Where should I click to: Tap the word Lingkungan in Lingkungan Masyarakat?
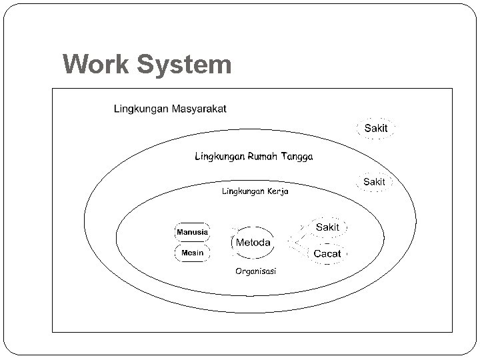(x=141, y=109)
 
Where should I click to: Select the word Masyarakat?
(x=199, y=109)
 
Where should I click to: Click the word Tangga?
(x=298, y=157)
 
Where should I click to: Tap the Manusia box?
(x=192, y=232)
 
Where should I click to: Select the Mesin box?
(x=192, y=253)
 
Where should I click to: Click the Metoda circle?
(x=253, y=243)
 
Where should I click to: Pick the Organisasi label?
(x=257, y=271)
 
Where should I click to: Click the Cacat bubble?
(x=327, y=253)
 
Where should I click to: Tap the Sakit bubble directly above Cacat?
(x=327, y=227)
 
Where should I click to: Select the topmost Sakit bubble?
(x=376, y=127)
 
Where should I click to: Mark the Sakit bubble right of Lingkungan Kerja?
(x=374, y=181)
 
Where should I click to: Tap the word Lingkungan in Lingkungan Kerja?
(x=243, y=191)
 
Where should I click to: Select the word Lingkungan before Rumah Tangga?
(x=220, y=157)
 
